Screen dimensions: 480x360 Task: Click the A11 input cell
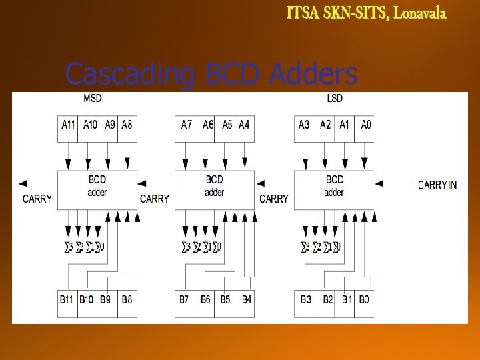click(69, 124)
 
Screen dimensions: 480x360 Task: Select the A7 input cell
click(187, 124)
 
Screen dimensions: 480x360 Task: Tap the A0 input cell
click(365, 124)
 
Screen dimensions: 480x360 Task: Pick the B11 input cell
click(67, 299)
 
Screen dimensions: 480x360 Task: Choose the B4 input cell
click(246, 299)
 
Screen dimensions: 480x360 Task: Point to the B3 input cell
click(305, 299)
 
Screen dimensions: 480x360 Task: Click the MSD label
click(93, 99)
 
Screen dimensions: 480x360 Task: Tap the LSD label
click(335, 99)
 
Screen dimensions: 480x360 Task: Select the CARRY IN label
click(437, 185)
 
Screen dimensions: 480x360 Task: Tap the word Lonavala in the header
click(419, 13)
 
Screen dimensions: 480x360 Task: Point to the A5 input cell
click(227, 124)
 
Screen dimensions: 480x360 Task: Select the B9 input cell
click(105, 299)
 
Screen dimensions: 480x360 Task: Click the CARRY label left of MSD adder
click(37, 199)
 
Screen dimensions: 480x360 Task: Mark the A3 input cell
click(305, 124)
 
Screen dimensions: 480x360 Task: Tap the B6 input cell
click(205, 299)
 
